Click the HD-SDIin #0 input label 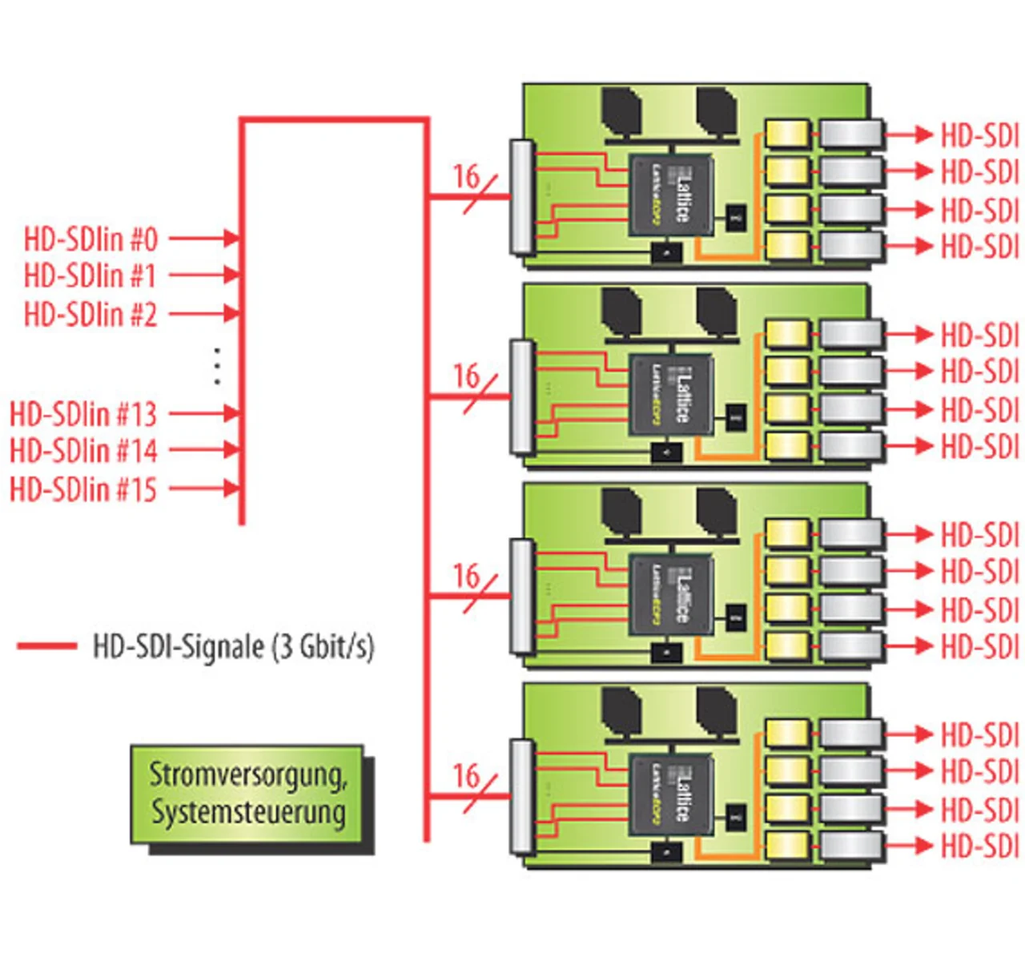pyautogui.click(x=90, y=239)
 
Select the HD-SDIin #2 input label pyautogui.click(x=90, y=314)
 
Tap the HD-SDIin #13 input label pyautogui.click(x=83, y=414)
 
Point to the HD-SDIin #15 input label pyautogui.click(x=83, y=489)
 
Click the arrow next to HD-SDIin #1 pyautogui.click(x=205, y=275)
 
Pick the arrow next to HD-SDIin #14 pyautogui.click(x=205, y=450)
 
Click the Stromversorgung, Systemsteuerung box pyautogui.click(x=247, y=794)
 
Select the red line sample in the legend pyautogui.click(x=47, y=645)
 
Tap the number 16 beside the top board pyautogui.click(x=466, y=176)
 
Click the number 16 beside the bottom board pyautogui.click(x=466, y=775)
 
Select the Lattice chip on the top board pyautogui.click(x=671, y=195)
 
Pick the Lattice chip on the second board pyautogui.click(x=671, y=395)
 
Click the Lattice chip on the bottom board pyautogui.click(x=671, y=794)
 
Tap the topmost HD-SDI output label pyautogui.click(x=979, y=135)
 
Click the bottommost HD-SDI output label pyautogui.click(x=979, y=846)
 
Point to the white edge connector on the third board pyautogui.click(x=522, y=596)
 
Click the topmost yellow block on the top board pyautogui.click(x=787, y=134)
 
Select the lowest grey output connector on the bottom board pyautogui.click(x=851, y=846)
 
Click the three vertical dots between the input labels pyautogui.click(x=217, y=366)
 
